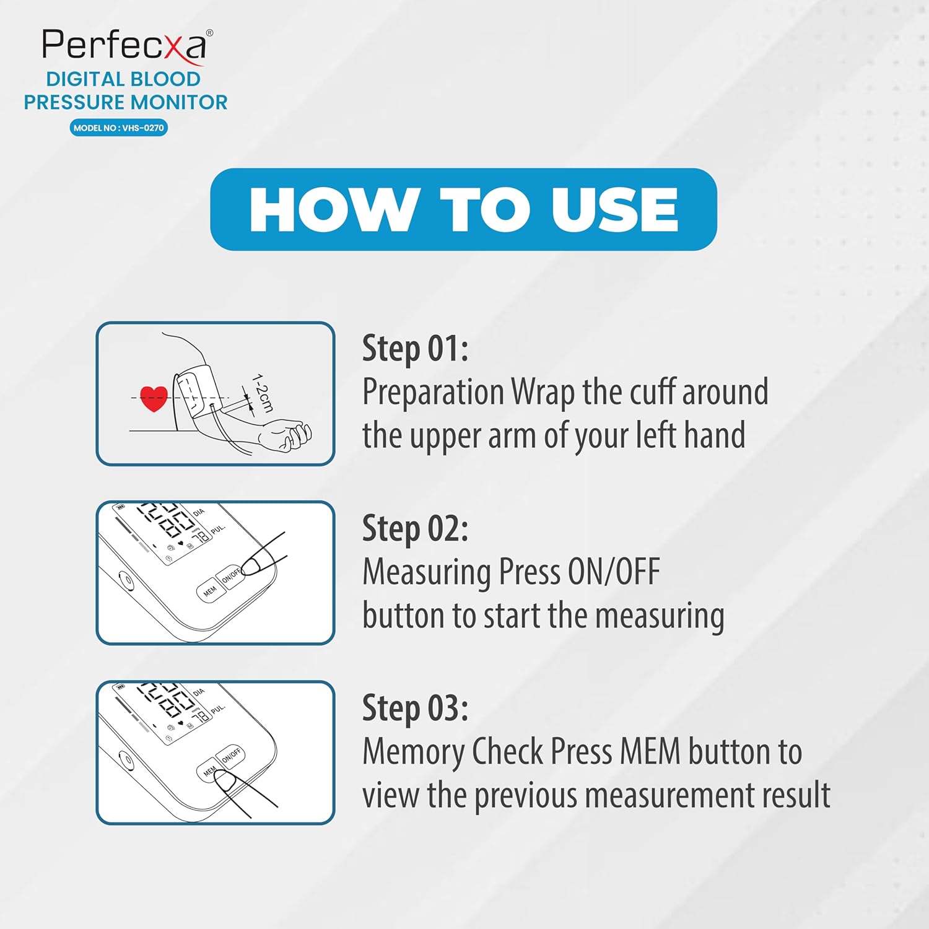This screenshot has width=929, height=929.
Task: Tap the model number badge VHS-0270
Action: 118,128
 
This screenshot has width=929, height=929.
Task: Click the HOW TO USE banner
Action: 463,209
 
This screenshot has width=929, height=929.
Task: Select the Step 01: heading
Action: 415,348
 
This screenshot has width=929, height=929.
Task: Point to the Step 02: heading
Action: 415,528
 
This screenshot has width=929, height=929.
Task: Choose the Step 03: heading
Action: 415,708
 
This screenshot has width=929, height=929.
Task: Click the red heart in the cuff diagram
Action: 154,399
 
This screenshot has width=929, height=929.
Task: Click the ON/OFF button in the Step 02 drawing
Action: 232,576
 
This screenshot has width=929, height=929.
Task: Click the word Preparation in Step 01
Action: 433,393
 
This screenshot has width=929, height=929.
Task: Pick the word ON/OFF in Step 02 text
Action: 614,572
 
